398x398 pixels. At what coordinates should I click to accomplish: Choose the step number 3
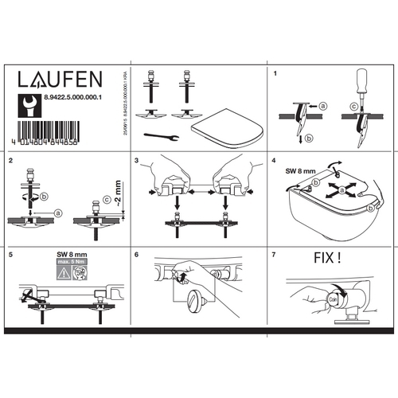[138, 162]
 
